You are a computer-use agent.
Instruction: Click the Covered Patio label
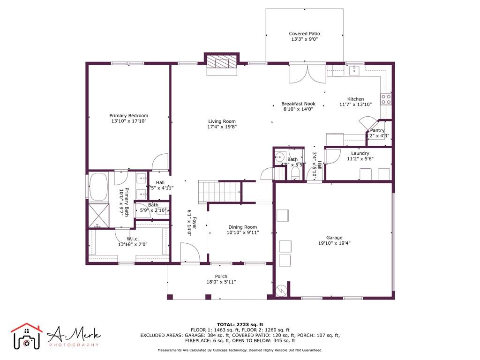click(304, 34)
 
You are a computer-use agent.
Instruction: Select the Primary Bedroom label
click(129, 116)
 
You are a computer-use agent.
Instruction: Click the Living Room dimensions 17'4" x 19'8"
click(222, 127)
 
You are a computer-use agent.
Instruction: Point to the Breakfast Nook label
click(298, 104)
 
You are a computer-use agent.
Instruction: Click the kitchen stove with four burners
click(387, 99)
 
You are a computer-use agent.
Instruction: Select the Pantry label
click(377, 130)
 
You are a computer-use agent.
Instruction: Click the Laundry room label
click(360, 153)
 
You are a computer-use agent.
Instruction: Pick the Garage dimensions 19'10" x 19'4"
click(335, 243)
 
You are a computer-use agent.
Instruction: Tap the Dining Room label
click(242, 227)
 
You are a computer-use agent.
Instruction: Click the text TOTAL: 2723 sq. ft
click(240, 324)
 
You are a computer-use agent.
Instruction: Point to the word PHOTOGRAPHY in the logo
click(74, 345)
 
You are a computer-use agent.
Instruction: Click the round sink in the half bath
click(280, 157)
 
